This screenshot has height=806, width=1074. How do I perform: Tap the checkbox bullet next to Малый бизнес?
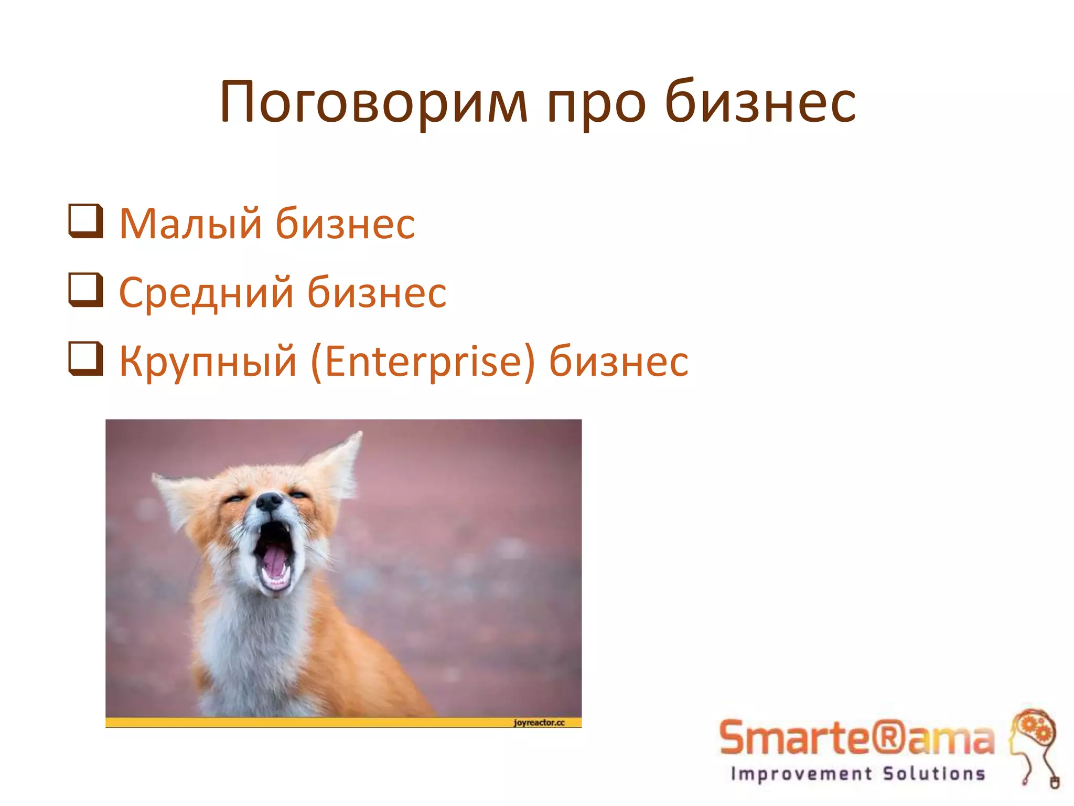tap(85, 221)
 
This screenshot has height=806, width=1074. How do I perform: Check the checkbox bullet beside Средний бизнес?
tap(85, 290)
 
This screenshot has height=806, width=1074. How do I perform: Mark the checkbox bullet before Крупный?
tap(85, 359)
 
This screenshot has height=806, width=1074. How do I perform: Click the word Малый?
tap(190, 224)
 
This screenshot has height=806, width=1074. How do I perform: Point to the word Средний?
tap(206, 293)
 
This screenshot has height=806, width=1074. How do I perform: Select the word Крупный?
tap(208, 362)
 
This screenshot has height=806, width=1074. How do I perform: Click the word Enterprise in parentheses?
tap(423, 362)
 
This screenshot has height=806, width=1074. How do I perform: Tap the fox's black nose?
tap(269, 502)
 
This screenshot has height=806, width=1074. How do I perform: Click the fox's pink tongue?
tap(275, 561)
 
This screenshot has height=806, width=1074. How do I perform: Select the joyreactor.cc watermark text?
tap(539, 723)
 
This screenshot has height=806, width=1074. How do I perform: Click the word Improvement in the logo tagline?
tap(801, 774)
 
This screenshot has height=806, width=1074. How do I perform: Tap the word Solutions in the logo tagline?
tap(934, 774)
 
